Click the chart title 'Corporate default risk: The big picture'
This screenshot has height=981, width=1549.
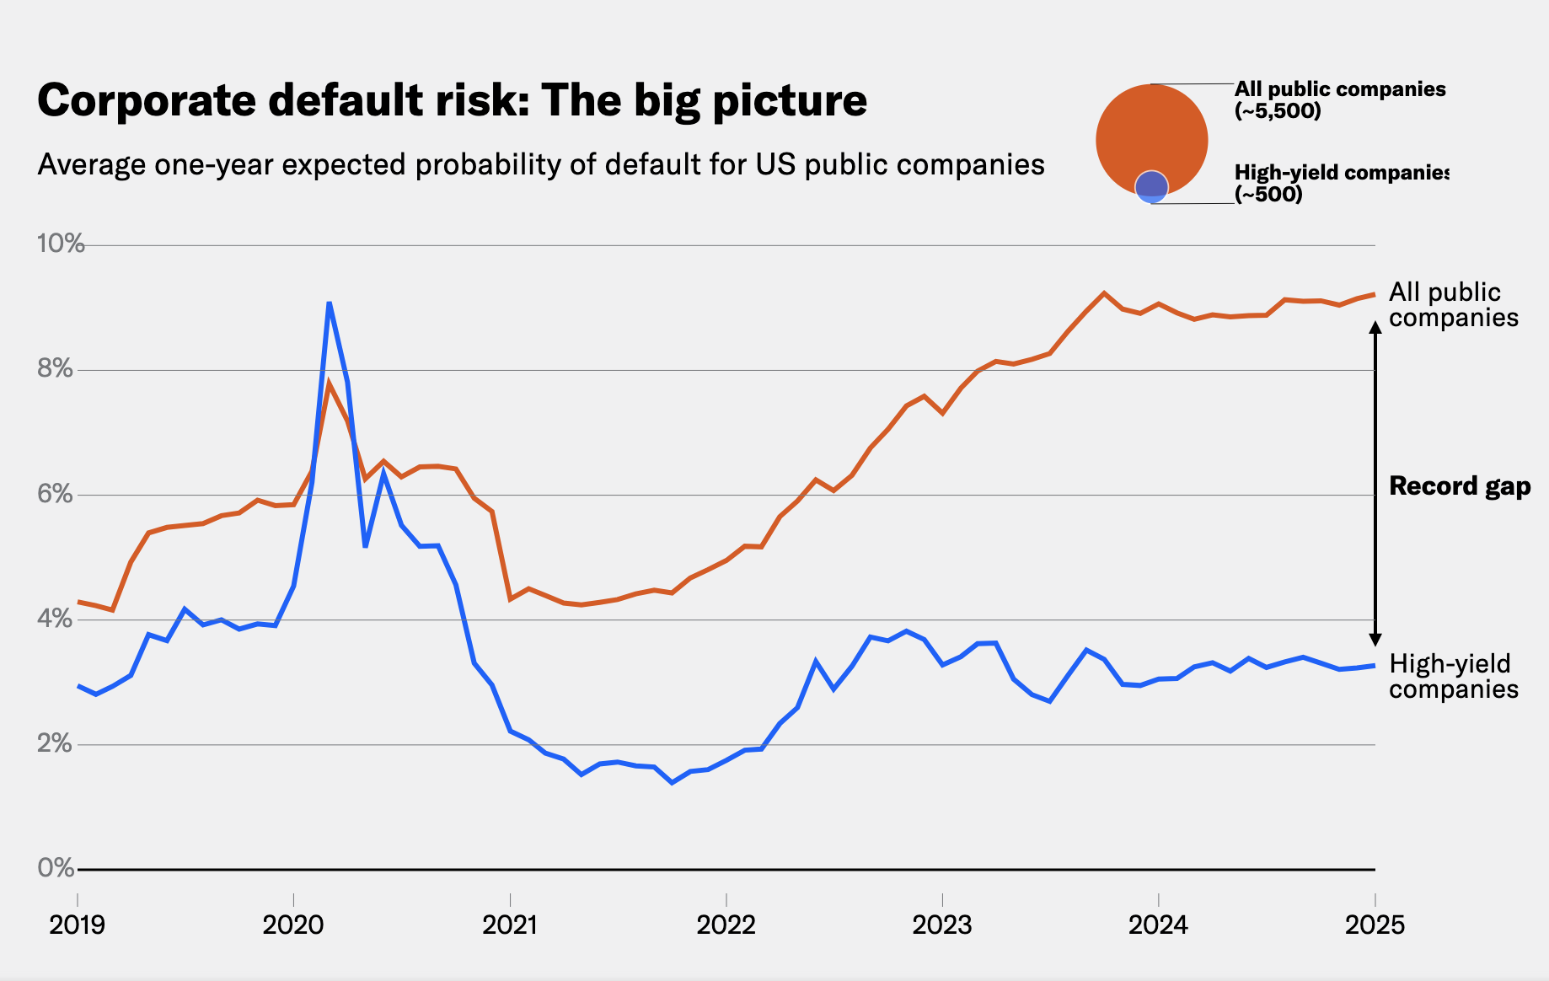[452, 100]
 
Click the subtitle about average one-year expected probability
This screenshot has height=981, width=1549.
[541, 164]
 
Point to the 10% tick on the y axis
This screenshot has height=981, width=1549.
[61, 244]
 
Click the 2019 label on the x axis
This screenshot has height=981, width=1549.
[78, 925]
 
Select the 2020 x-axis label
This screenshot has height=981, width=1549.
[293, 925]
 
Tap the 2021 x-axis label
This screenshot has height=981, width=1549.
[510, 925]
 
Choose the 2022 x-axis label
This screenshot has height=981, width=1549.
[726, 925]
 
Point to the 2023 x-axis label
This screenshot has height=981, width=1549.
[942, 925]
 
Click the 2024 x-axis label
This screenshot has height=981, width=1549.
[1158, 925]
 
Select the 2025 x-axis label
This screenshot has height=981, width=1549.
[1375, 925]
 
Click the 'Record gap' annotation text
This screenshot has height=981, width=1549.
[1460, 486]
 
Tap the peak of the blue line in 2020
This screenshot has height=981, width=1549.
[329, 303]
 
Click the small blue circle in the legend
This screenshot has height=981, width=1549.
[1151, 186]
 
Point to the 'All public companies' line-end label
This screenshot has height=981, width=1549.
[1453, 305]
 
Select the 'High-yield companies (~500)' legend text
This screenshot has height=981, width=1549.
[1340, 183]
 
